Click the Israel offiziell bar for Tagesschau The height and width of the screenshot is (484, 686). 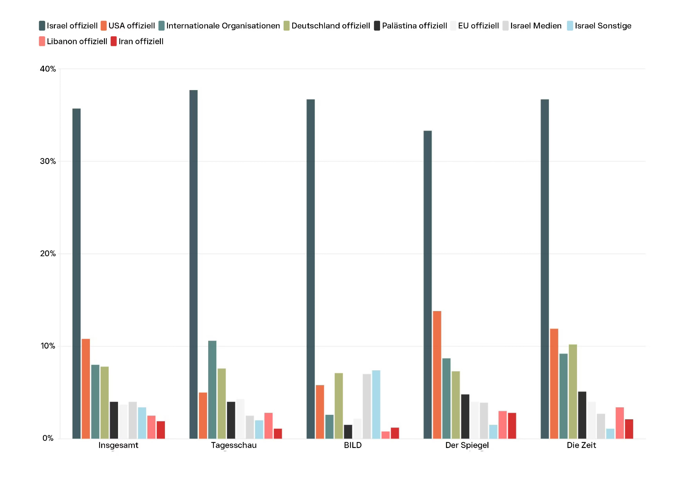point(193,264)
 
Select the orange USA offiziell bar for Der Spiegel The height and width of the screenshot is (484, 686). point(437,375)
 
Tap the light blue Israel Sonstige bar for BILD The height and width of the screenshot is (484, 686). point(376,404)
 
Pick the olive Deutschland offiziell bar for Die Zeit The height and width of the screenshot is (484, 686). point(573,391)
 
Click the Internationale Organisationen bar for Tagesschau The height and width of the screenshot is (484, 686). point(212,389)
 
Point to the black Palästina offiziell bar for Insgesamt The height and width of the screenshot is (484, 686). point(114,420)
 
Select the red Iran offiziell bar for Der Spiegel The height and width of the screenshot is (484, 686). point(512,425)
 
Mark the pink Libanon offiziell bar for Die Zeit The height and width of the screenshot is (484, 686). point(620,423)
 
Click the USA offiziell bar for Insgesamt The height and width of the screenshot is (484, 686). point(86,388)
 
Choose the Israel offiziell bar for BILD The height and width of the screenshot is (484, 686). point(311,269)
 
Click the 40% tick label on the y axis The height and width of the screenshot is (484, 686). point(48,69)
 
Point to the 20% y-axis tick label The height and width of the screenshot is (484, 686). point(48,253)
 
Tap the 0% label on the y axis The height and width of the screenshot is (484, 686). point(48,438)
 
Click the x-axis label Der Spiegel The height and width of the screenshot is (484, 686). point(467,445)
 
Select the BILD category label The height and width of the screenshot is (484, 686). point(353,445)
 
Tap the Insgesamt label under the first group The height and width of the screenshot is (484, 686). point(118,445)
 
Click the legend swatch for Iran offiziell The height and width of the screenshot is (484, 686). point(114,41)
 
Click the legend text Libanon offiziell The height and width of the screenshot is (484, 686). point(77,41)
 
